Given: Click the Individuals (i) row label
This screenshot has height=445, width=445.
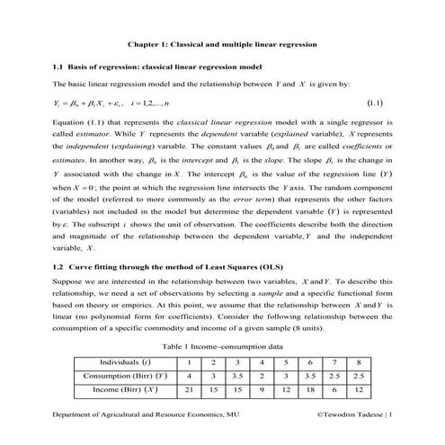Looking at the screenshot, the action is [125, 361].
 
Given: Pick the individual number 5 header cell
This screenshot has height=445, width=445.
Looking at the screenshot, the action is [284, 361].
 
